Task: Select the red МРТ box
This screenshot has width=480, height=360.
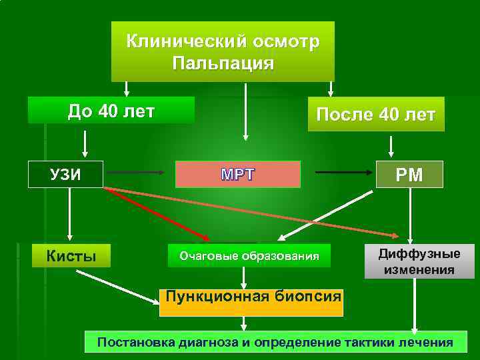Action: click(x=238, y=175)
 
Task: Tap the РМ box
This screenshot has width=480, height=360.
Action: click(x=409, y=175)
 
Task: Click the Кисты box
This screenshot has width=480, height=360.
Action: click(x=71, y=255)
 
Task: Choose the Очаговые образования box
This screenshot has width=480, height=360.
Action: click(x=248, y=255)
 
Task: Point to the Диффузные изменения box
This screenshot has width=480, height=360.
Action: click(x=419, y=261)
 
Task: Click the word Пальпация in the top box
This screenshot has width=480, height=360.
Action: click(x=223, y=63)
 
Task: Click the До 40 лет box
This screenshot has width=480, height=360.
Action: click(x=111, y=110)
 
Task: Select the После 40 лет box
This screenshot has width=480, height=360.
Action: click(x=376, y=114)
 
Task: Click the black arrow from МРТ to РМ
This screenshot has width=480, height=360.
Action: click(x=343, y=173)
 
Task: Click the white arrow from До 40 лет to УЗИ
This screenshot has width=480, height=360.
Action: click(x=85, y=142)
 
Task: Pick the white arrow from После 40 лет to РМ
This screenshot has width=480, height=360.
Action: click(x=391, y=145)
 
